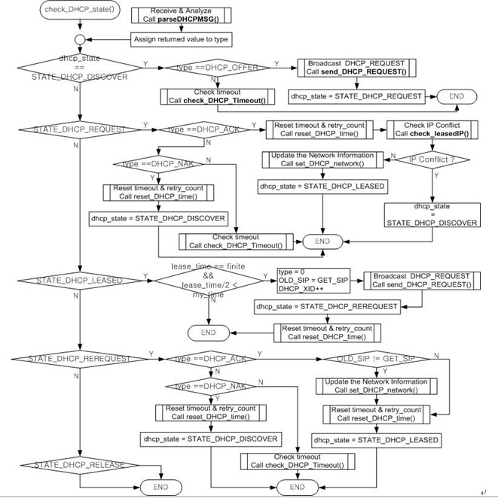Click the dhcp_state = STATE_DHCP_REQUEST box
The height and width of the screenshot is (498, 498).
click(x=358, y=96)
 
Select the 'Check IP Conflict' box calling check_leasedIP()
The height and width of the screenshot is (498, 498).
click(x=432, y=129)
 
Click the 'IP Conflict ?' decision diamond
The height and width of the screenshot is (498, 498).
click(x=438, y=159)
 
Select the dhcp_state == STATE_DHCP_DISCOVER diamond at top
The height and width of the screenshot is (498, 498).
click(x=78, y=66)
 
